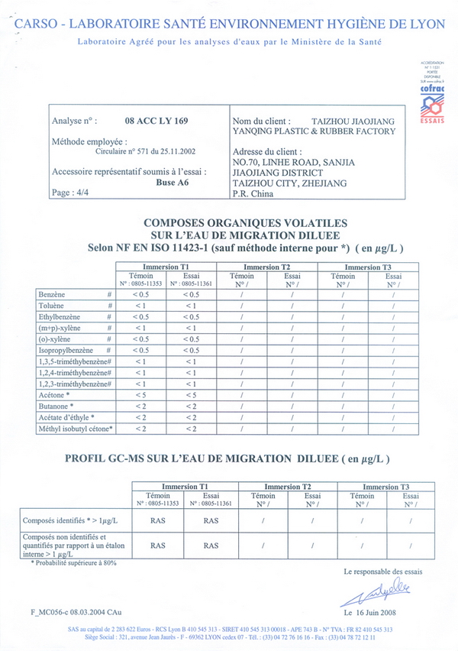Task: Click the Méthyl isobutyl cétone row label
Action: coord(75,429)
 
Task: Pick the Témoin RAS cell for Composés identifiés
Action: coord(158,520)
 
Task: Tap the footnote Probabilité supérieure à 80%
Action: coord(74,562)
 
